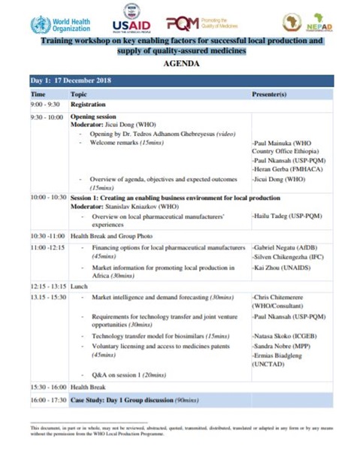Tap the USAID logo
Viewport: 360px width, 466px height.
coord(134,21)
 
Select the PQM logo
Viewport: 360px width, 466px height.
coord(197,22)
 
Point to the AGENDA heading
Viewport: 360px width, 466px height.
coord(181,64)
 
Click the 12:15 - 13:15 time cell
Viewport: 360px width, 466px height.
coord(49,286)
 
